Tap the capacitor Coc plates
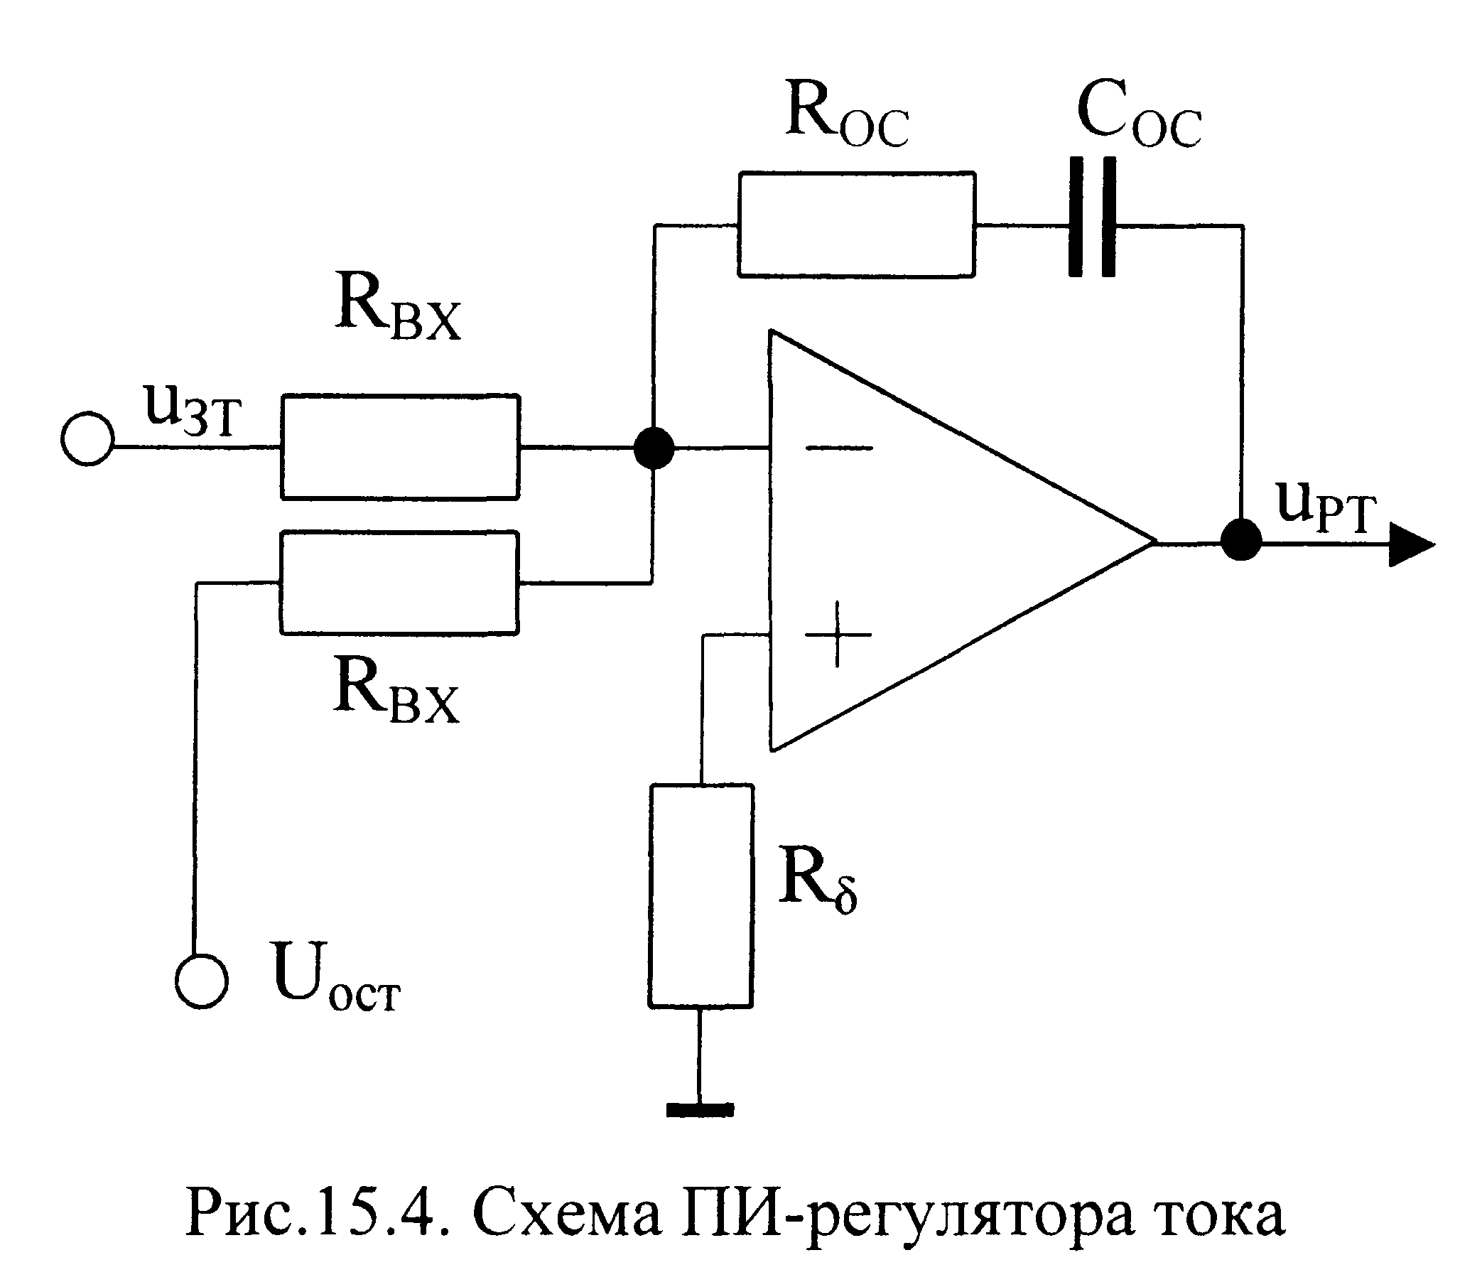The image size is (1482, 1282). pos(1092,217)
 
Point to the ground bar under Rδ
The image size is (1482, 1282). pos(701,1109)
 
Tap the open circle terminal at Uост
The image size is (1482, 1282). pos(202,981)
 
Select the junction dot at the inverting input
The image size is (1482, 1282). pos(654,448)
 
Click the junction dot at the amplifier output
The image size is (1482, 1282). pos(1241,539)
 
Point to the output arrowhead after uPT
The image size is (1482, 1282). pos(1411,544)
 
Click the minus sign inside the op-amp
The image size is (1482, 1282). pos(839,448)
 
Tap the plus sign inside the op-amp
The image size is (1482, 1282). pos(838,634)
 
